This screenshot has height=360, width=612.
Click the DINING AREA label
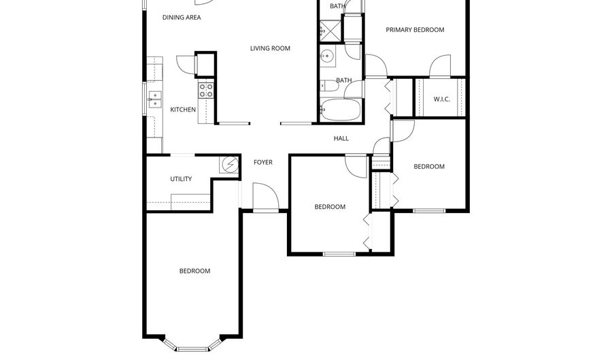[182, 18]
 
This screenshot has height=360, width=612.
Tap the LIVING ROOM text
[270, 48]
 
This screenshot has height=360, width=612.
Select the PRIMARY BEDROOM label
[415, 30]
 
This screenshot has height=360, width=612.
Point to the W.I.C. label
[442, 99]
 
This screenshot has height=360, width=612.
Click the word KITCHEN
[183, 110]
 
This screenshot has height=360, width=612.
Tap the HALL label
[341, 139]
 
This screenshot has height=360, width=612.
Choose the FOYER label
[263, 163]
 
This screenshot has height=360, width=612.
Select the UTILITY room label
[181, 180]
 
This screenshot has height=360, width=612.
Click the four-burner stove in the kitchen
[205, 91]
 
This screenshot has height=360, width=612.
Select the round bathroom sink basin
[328, 57]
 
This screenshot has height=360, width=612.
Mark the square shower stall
[330, 31]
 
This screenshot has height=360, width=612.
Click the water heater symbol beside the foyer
[229, 164]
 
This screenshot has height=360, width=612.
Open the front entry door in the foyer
[265, 197]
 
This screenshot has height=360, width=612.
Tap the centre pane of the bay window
[192, 349]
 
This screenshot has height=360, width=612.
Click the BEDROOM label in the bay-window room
[194, 271]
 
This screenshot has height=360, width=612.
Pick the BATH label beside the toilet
[343, 81]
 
